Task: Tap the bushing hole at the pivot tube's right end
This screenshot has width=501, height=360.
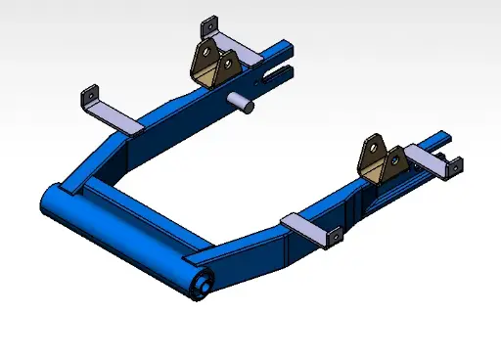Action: [204, 287]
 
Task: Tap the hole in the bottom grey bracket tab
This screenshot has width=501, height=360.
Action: [334, 235]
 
